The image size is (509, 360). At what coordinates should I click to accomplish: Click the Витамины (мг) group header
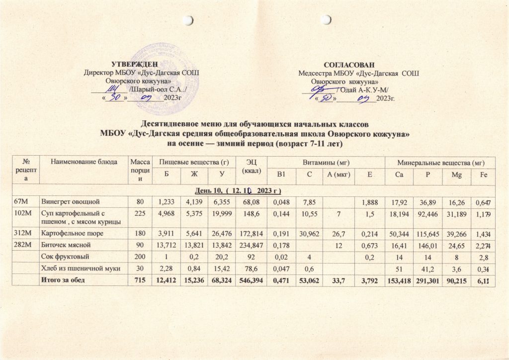point(326,161)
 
